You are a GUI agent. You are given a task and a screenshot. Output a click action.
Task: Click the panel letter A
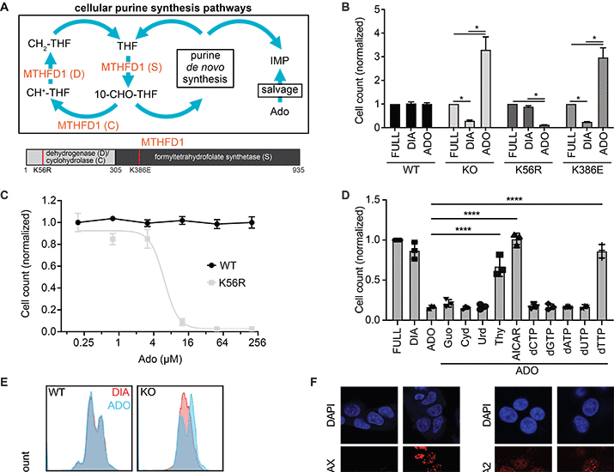click(x=8, y=8)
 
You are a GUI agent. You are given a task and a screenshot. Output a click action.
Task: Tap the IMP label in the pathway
click(x=269, y=59)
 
